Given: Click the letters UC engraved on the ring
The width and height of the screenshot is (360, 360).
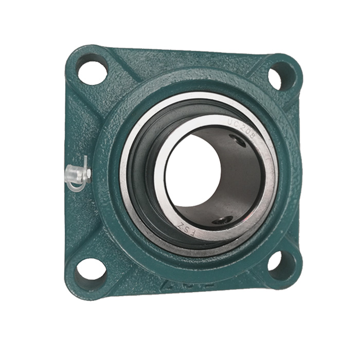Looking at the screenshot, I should coord(233,124).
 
